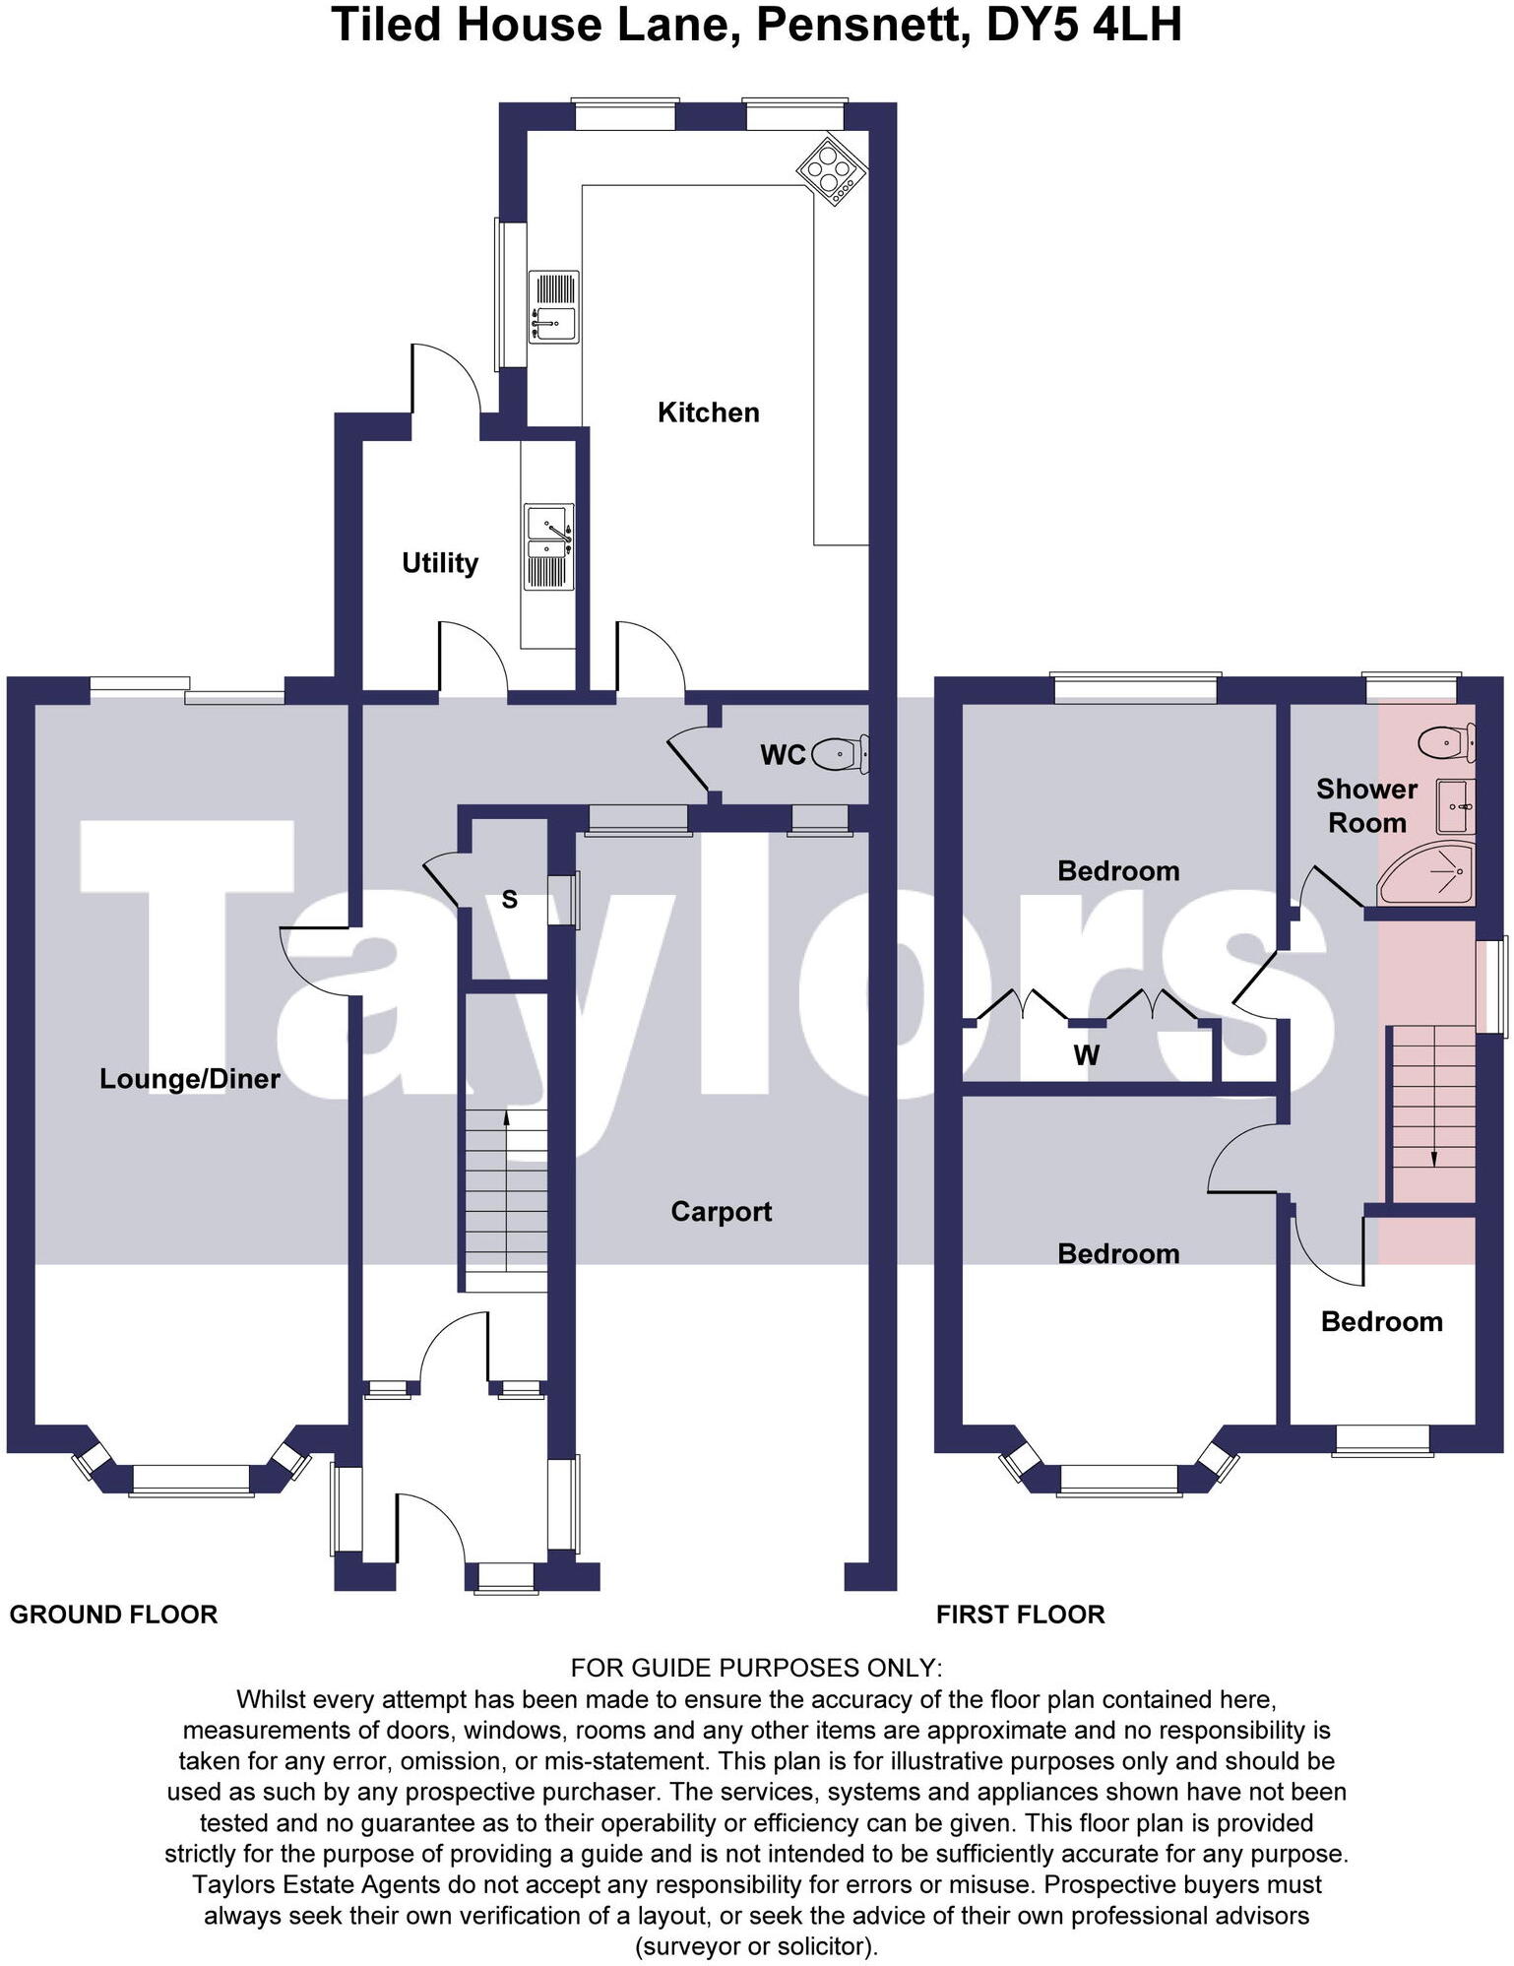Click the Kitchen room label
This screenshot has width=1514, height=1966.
(x=708, y=412)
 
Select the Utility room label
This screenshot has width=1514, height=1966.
(x=440, y=563)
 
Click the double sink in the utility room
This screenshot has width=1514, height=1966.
(x=548, y=547)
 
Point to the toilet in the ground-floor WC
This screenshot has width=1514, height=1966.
(x=843, y=754)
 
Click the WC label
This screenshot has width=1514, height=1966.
(x=783, y=755)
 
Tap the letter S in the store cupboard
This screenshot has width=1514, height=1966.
(x=509, y=899)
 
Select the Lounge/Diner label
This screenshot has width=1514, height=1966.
(x=190, y=1079)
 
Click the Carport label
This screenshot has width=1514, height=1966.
(x=721, y=1212)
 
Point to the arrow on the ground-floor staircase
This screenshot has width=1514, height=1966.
(x=506, y=1117)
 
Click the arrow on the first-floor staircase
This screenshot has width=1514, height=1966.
(x=1433, y=1158)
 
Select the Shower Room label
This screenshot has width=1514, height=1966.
(x=1366, y=805)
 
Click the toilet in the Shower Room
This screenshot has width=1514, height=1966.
(x=1445, y=741)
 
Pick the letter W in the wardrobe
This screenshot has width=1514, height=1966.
(x=1086, y=1055)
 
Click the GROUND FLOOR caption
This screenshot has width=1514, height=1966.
(x=113, y=1615)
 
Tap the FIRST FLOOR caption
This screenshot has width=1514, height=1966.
(x=1020, y=1615)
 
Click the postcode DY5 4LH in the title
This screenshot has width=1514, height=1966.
(x=1083, y=25)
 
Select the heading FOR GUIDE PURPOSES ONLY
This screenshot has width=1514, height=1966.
(x=756, y=1668)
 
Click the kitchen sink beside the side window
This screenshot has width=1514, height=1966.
(x=553, y=308)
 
